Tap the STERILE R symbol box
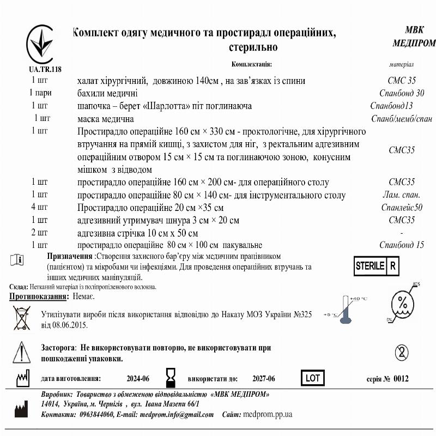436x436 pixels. pyautogui.click(x=376, y=266)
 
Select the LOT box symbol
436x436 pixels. pyautogui.click(x=313, y=378)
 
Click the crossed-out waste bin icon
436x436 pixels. pyautogui.click(x=21, y=318)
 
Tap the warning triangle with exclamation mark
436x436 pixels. pyautogui.click(x=21, y=352)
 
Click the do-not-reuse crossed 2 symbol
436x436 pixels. pyautogui.click(x=402, y=352)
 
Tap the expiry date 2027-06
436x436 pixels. pyautogui.click(x=263, y=379)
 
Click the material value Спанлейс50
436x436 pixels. pyautogui.click(x=402, y=207)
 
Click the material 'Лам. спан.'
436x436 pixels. pyautogui.click(x=402, y=195)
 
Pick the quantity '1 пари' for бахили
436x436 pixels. pyautogui.click(x=40, y=93)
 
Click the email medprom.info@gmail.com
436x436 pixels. pyautogui.click(x=173, y=414)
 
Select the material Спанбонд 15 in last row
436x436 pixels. pyautogui.click(x=402, y=245)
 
